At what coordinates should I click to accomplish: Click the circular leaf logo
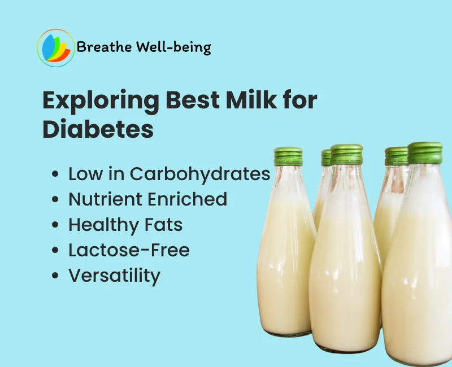(56, 47)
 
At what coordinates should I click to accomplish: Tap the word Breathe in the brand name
(104, 47)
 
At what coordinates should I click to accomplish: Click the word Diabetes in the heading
(98, 130)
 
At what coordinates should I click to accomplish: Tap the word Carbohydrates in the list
(200, 174)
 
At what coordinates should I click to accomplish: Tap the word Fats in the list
(163, 224)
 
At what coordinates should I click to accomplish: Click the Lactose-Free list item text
(129, 250)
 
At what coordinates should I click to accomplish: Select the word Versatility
(114, 276)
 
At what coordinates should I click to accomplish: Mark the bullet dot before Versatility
(55, 276)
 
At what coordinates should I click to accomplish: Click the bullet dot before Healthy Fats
(55, 225)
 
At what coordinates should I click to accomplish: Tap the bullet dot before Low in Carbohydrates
(55, 174)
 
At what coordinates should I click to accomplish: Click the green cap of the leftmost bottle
(288, 156)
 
